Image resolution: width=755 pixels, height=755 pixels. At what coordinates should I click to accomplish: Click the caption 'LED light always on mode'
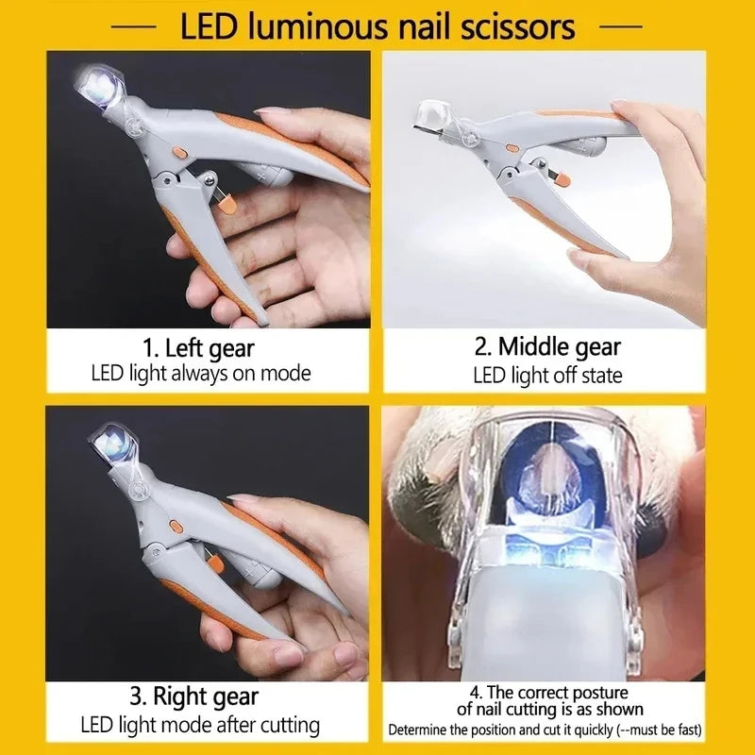tap(200, 373)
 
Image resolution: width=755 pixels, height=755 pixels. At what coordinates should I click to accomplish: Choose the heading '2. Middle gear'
tap(547, 346)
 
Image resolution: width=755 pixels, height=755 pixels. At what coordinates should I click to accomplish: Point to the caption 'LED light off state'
tap(547, 375)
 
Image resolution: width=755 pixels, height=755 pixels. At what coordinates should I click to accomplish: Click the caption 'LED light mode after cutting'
tap(198, 726)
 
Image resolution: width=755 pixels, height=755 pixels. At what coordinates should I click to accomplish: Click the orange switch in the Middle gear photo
tap(511, 148)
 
